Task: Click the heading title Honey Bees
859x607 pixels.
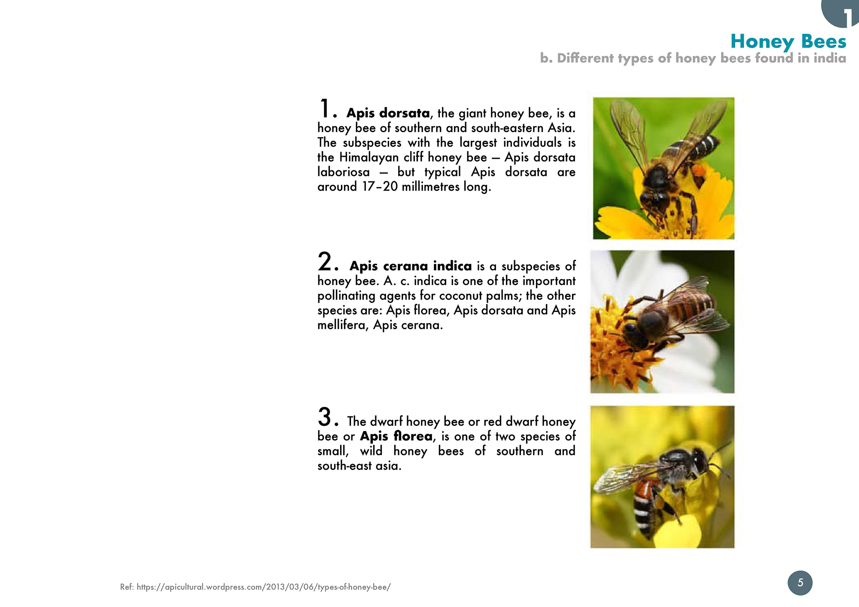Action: point(788,42)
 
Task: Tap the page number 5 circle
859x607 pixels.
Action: point(800,583)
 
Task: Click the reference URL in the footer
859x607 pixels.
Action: point(264,587)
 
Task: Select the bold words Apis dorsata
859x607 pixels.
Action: point(388,113)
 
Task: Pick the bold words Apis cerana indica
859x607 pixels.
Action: point(411,266)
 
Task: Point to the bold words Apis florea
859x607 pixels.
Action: point(396,436)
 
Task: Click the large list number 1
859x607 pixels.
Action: point(325,108)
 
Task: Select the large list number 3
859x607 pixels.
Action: point(325,417)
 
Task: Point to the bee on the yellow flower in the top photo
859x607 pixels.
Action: point(670,167)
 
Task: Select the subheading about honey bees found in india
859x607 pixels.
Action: point(693,58)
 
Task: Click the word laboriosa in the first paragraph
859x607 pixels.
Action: point(344,172)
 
